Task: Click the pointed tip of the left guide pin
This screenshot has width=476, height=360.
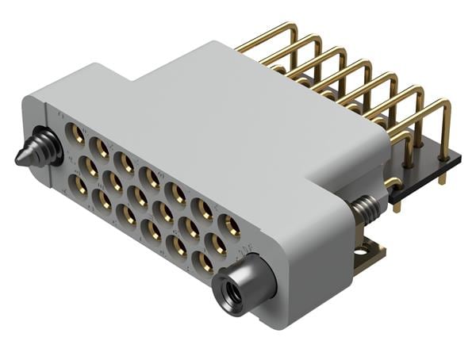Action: [x=18, y=157]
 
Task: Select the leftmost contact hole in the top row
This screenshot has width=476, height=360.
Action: [x=76, y=134]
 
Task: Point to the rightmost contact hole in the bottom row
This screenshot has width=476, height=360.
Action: [x=203, y=261]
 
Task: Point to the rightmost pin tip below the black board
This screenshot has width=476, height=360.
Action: [x=442, y=182]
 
